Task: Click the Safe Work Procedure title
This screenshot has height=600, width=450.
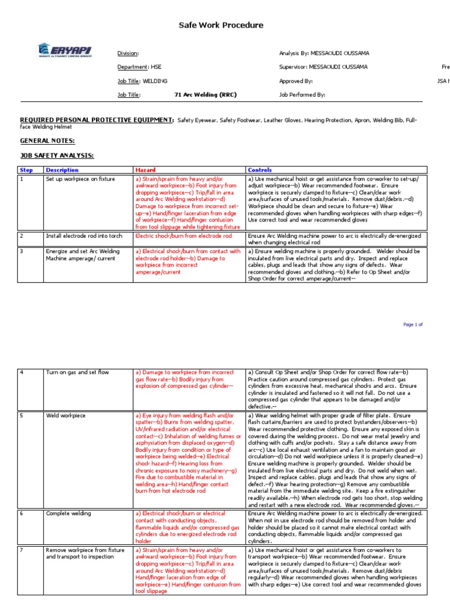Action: point(221,25)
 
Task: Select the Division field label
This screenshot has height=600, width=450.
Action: point(128,53)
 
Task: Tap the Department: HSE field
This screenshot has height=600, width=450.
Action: point(139,67)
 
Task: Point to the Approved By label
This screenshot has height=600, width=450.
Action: point(296,81)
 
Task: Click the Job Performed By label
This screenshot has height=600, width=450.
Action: point(302,94)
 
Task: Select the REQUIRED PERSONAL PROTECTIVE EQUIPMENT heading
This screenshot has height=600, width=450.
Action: point(97,120)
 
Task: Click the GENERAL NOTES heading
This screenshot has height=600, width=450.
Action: point(47,141)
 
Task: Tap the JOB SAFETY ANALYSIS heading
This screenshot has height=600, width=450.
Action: point(57,155)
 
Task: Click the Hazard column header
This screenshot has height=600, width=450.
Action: point(145,170)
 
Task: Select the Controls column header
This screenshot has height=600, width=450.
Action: point(260,170)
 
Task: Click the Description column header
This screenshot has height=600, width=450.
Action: point(62,170)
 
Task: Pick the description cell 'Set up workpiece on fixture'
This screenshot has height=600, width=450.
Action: point(80,179)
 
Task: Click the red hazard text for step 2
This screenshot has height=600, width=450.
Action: point(183,236)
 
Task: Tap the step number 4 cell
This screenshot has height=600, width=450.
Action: point(22,372)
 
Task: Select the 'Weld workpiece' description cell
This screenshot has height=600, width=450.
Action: point(65,415)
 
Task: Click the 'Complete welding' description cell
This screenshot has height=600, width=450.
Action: point(69,514)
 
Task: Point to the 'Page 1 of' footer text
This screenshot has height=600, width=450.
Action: point(412,324)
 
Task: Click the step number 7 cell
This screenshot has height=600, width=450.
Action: point(22,551)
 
